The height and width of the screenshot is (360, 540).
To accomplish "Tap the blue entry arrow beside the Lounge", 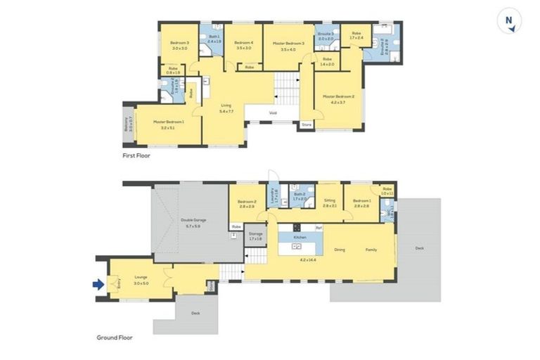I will (98, 285).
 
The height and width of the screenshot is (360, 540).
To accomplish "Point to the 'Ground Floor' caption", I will (114, 337).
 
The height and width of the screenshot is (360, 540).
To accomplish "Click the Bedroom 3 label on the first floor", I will (179, 44).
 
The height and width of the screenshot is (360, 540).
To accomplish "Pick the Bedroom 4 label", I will (243, 44).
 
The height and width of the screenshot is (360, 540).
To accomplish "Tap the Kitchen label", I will (300, 238).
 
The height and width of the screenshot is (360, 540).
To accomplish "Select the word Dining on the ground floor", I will (340, 249).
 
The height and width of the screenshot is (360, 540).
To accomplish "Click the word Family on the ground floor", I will (371, 249).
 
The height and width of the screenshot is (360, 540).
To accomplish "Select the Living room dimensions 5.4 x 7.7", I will (226, 111).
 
